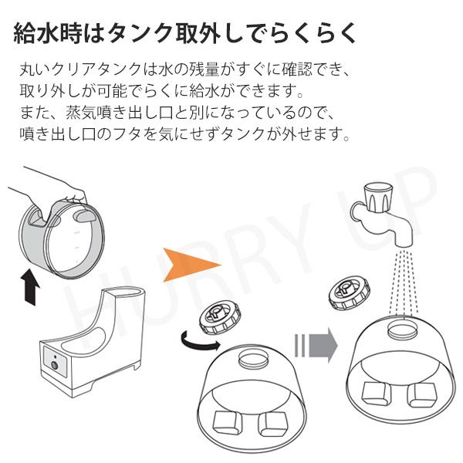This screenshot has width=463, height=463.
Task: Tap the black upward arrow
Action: click(x=30, y=286)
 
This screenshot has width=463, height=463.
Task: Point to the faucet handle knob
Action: click(x=379, y=197)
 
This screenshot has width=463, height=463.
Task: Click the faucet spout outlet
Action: click(x=404, y=244)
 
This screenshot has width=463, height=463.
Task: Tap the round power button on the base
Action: click(x=54, y=365)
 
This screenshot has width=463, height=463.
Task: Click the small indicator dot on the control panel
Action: click(x=55, y=357)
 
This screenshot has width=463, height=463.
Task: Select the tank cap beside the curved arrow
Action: click(x=220, y=317)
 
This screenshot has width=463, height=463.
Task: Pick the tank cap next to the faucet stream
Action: click(x=350, y=292)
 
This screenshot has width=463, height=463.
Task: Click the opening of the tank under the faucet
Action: click(x=403, y=330)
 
